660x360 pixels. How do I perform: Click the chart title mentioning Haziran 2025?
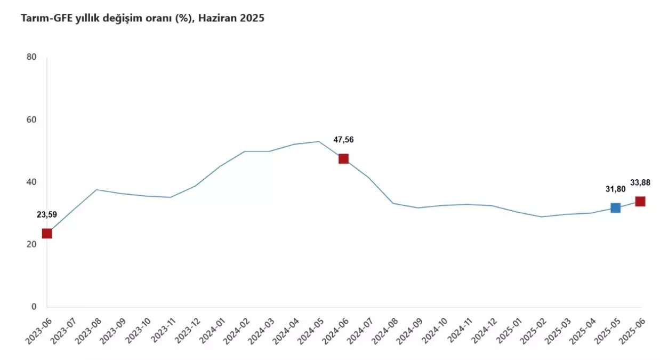pos(142,19)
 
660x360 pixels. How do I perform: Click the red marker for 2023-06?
pos(47,233)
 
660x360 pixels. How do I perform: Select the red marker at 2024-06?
pos(343,158)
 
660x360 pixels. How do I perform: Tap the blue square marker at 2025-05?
pos(615,207)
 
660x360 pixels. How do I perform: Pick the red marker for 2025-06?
pos(640,201)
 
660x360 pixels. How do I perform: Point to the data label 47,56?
pos(343,140)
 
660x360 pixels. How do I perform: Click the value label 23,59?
pos(47,215)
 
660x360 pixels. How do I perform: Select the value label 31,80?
pos(616,189)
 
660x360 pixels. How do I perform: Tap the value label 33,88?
pos(640,183)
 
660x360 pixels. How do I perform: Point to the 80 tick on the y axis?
pos(31,57)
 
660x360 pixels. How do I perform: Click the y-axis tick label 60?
pos(31,119)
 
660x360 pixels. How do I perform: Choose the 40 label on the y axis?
pos(31,182)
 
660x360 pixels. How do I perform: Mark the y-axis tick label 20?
pos(31,244)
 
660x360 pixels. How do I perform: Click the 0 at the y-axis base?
pos(34,307)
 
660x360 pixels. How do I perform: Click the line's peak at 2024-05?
pos(319,141)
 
